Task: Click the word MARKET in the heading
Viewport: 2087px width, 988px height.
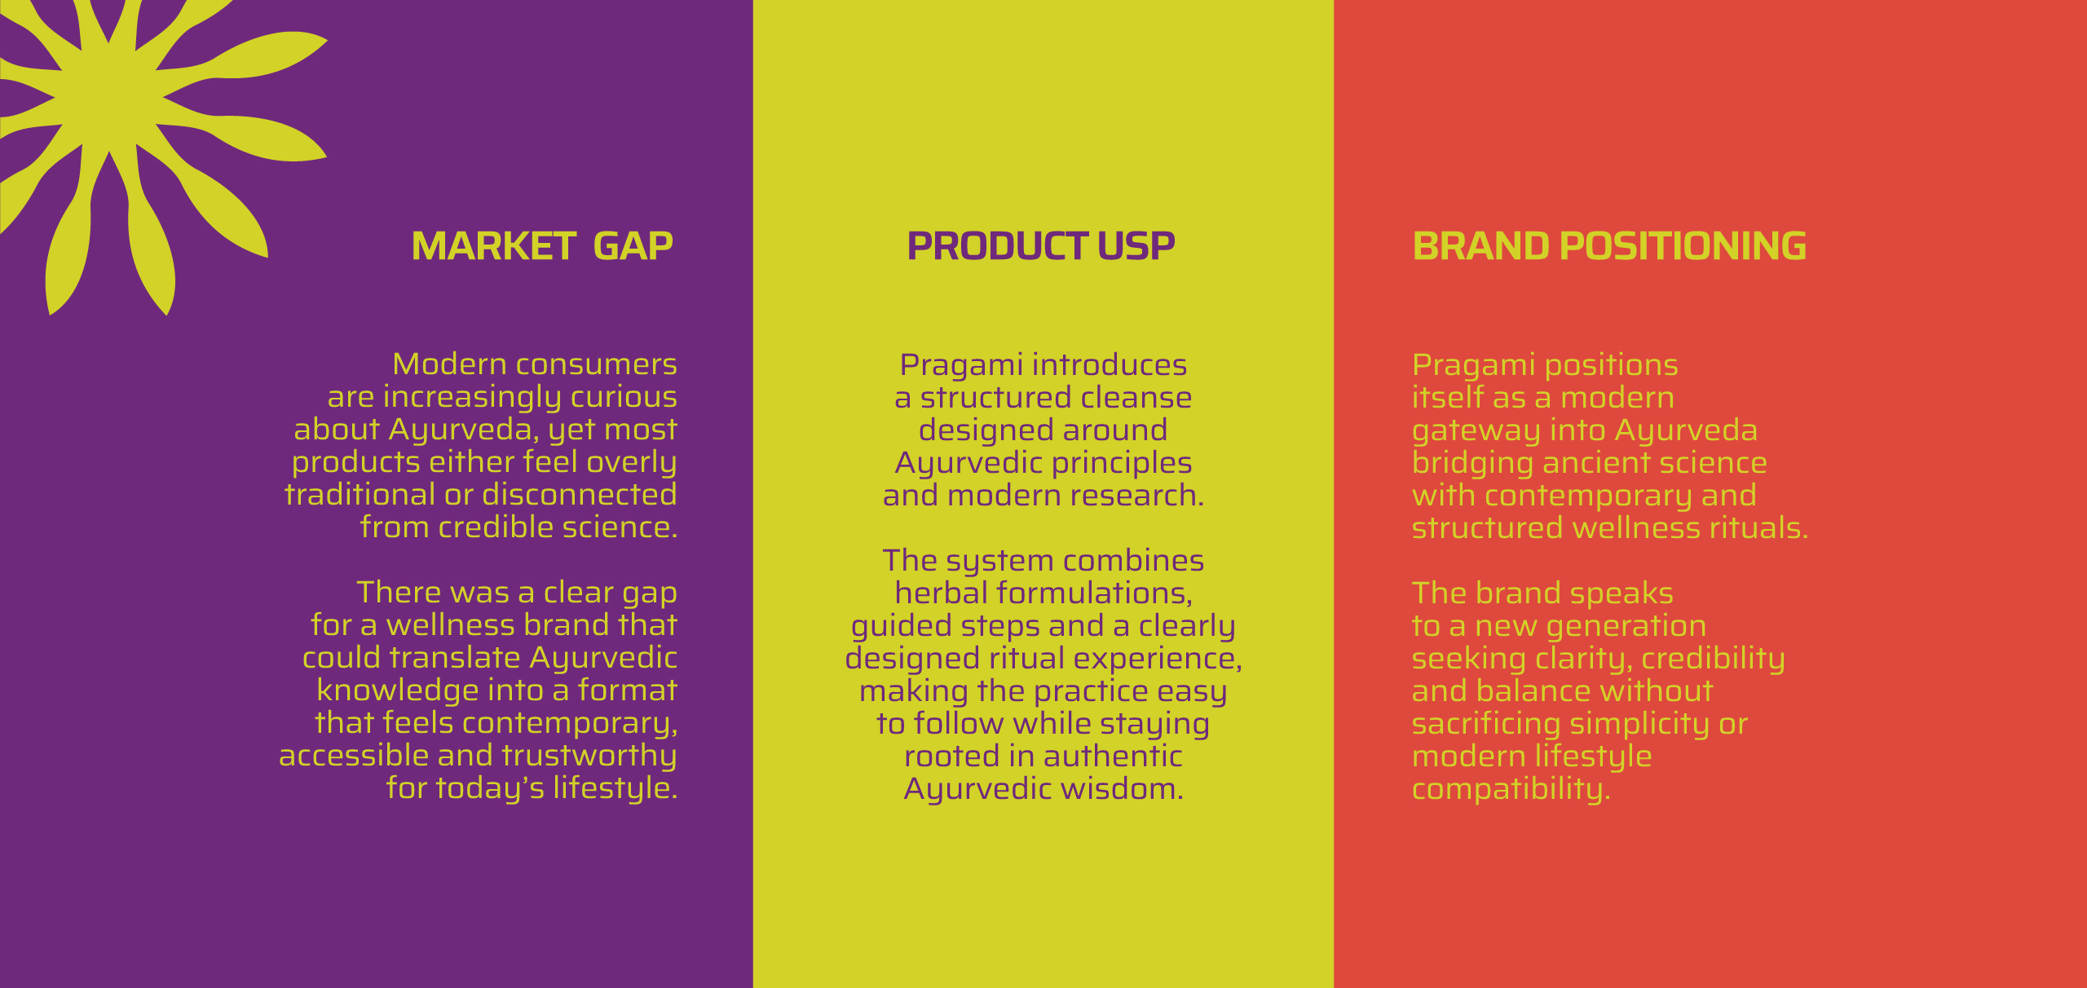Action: pos(494,246)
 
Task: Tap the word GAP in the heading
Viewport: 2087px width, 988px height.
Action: pos(633,246)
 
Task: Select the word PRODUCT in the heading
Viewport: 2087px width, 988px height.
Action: pos(997,246)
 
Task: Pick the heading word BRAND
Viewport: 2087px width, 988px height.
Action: pos(1480,246)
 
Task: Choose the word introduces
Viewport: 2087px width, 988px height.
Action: pos(1110,365)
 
